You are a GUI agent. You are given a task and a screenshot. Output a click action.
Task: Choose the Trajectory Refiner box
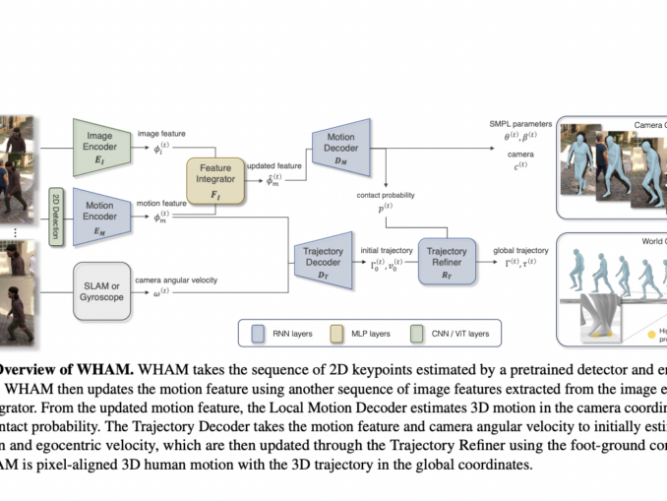pyautogui.click(x=447, y=259)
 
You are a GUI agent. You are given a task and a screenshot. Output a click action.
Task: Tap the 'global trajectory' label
pyautogui.click(x=520, y=250)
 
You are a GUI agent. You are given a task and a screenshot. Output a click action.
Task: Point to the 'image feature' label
pyautogui.click(x=161, y=133)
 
